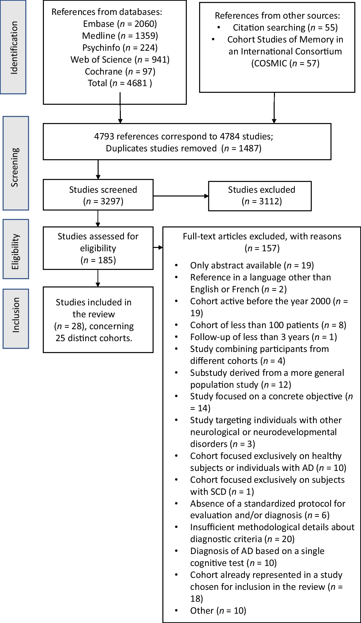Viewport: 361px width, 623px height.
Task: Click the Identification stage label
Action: click(13, 47)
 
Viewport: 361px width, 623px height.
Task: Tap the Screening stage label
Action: click(16, 163)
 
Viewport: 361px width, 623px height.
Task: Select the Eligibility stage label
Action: click(16, 249)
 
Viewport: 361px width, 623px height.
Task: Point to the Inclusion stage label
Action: click(16, 318)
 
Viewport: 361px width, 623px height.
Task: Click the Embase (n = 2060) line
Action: click(120, 24)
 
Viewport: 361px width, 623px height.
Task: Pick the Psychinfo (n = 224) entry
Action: click(120, 48)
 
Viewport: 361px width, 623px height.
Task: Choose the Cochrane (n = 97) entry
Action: click(120, 72)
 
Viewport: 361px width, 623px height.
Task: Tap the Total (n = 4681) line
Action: click(120, 83)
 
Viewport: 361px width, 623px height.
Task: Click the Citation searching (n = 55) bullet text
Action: click(285, 28)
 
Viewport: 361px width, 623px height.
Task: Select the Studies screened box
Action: click(98, 195)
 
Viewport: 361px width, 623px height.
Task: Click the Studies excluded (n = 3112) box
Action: click(260, 196)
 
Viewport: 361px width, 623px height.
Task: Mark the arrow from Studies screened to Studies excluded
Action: click(181, 196)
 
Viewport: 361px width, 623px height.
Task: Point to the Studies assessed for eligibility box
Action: click(98, 248)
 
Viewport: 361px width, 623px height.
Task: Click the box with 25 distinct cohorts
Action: click(98, 320)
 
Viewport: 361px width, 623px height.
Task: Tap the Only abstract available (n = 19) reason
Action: click(252, 265)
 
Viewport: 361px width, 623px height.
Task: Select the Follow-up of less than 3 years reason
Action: click(263, 337)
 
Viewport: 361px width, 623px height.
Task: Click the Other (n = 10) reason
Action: click(218, 610)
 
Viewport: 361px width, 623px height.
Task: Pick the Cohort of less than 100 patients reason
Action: click(268, 325)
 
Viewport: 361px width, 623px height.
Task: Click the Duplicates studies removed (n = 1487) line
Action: click(183, 148)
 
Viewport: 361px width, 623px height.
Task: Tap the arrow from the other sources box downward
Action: click(274, 108)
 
